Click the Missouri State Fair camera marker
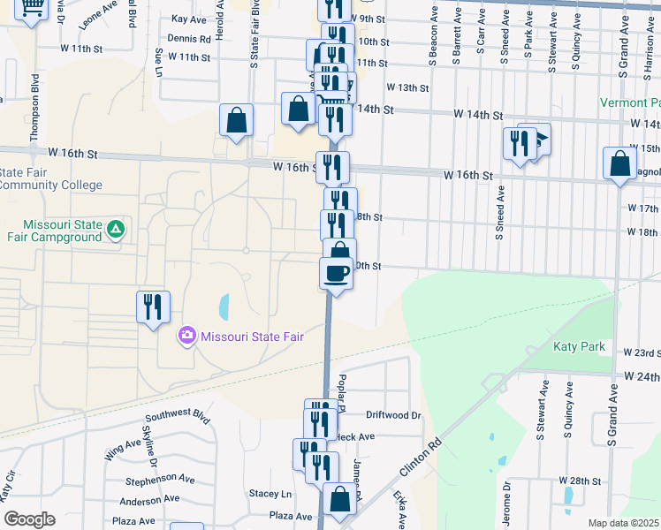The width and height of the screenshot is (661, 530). pos(186,336)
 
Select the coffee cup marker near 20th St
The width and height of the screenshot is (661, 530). pos(336,274)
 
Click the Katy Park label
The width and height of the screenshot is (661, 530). pos(580,346)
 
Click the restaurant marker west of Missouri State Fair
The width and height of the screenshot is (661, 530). pos(153,307)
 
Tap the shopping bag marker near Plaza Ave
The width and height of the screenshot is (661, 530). pos(339,499)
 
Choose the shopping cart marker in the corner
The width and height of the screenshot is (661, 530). pos(32,9)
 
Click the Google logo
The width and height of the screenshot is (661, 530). pos(29,519)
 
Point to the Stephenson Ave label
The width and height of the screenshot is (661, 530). pos(159,480)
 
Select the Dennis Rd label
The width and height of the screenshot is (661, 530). pos(189,39)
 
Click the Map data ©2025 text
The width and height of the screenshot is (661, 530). pos(623,523)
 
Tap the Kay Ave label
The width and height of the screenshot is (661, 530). pos(189,19)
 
